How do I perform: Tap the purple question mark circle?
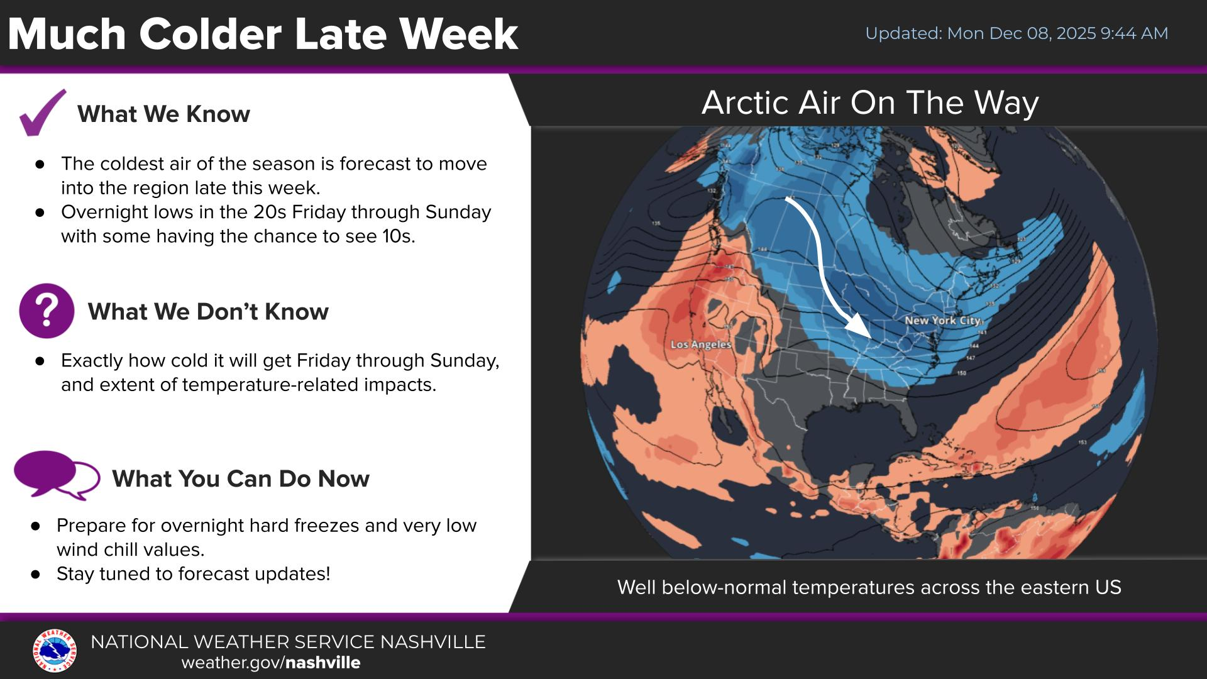(x=47, y=311)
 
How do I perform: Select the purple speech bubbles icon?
(x=57, y=476)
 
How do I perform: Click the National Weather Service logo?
(x=55, y=651)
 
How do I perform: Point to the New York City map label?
(x=942, y=321)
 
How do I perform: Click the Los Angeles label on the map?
(x=700, y=345)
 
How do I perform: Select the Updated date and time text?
(x=1016, y=33)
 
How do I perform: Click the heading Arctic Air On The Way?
(x=869, y=102)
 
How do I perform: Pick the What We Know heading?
(x=163, y=114)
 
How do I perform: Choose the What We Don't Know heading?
(x=208, y=311)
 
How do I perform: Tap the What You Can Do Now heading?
(x=240, y=478)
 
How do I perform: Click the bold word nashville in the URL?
(x=323, y=663)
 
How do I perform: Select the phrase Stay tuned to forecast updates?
(x=193, y=573)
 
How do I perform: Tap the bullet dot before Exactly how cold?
(x=40, y=361)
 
